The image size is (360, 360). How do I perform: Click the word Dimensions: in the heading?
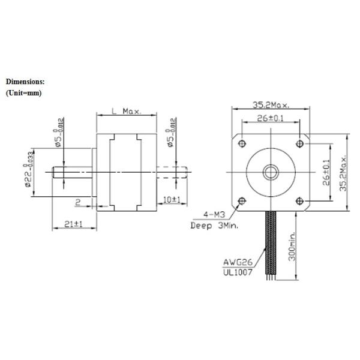click(25, 81)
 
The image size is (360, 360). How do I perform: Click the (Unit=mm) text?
click(23, 93)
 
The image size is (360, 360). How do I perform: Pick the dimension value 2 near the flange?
click(78, 201)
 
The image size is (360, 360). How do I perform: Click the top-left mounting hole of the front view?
click(242, 143)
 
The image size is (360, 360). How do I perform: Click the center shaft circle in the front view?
click(270, 172)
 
